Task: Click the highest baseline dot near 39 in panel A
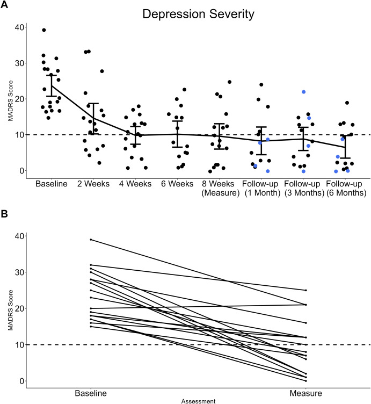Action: pos(44,30)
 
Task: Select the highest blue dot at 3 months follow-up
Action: pos(304,92)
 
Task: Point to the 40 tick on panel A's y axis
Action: pos(19,27)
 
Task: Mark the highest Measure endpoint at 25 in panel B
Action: pos(305,290)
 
